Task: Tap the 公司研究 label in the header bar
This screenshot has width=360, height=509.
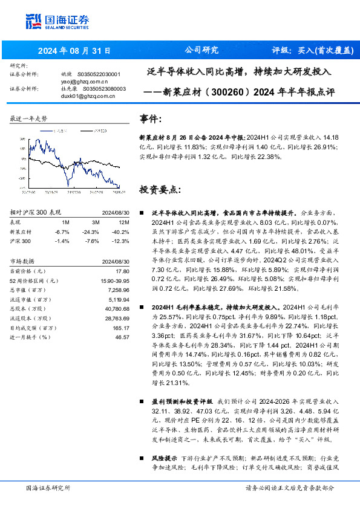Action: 201,50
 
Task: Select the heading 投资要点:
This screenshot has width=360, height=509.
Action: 160,189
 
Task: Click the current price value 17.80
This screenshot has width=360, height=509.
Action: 123,271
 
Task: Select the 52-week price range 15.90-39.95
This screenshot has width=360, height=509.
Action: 114,281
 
